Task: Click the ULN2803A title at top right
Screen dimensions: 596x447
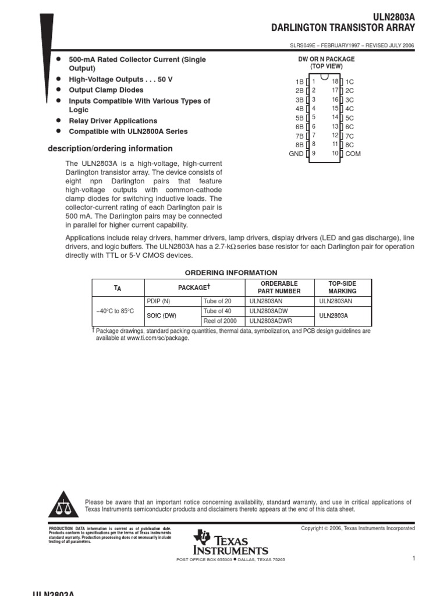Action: click(393, 18)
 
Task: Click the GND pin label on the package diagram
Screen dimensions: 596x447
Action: click(296, 154)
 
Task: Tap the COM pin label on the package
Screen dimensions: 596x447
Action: click(353, 154)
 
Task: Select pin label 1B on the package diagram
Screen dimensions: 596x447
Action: click(299, 82)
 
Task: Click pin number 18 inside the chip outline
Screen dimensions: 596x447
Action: click(335, 81)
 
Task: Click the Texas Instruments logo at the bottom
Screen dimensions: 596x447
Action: click(232, 542)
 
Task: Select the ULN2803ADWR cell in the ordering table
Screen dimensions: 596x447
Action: click(271, 321)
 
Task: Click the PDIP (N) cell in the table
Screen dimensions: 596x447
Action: click(158, 301)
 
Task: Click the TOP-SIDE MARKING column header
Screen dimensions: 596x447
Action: click(342, 287)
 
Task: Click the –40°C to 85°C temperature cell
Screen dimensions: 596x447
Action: click(115, 311)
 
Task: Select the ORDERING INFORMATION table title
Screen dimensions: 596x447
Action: click(231, 272)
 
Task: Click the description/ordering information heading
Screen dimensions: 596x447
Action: click(110, 148)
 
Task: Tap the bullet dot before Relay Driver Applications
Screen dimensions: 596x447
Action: click(58, 120)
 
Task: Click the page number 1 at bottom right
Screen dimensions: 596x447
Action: click(413, 559)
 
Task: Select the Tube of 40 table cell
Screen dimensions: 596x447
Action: click(217, 311)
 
